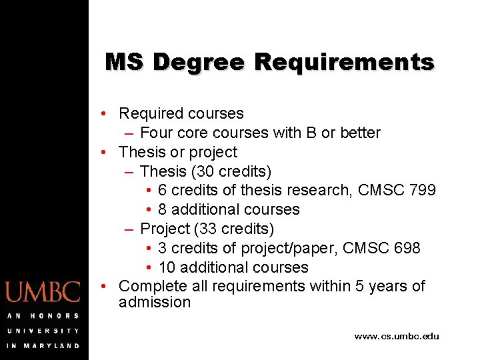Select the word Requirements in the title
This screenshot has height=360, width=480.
click(x=344, y=62)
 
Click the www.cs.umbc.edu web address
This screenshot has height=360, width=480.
click(x=397, y=337)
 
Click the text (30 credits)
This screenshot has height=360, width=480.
click(x=231, y=171)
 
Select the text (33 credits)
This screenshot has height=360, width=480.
click(x=234, y=229)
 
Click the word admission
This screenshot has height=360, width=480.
click(x=155, y=303)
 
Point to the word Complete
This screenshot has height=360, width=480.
click(x=151, y=287)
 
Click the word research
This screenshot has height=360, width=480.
click(x=319, y=191)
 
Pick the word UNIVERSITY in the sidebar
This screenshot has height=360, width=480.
click(x=43, y=331)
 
